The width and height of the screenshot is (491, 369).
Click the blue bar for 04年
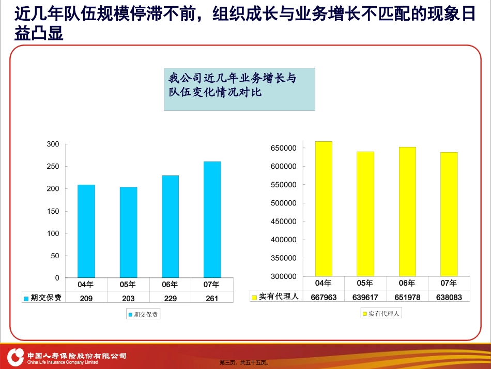pyautogui.click(x=86, y=231)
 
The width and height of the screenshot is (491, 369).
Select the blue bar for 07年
pyautogui.click(x=212, y=219)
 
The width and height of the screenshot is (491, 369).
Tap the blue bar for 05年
pyautogui.click(x=128, y=232)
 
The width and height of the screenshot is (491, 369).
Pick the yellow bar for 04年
pyautogui.click(x=324, y=209)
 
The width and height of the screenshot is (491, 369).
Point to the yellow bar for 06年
pyautogui.click(x=407, y=212)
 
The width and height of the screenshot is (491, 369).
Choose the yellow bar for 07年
pyautogui.click(x=449, y=214)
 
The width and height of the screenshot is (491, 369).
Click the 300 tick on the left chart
pyautogui.click(x=53, y=144)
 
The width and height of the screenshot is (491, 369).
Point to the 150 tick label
pyautogui.click(x=53, y=211)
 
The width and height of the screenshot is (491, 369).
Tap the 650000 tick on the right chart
pyautogui.click(x=283, y=148)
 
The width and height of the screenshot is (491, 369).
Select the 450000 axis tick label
pyautogui.click(x=283, y=222)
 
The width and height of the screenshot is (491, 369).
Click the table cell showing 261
pyautogui.click(x=212, y=298)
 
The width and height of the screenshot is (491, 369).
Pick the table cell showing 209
pyautogui.click(x=86, y=298)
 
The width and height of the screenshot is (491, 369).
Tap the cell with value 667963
pyautogui.click(x=324, y=297)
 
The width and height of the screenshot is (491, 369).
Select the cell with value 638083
pyautogui.click(x=449, y=297)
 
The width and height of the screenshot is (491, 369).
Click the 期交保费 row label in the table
pyautogui.click(x=43, y=297)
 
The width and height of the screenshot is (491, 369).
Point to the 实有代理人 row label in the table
pyautogui.click(x=276, y=296)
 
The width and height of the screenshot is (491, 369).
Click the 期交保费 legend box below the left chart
pyautogui.click(x=143, y=314)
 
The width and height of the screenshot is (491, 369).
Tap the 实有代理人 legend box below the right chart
pyautogui.click(x=381, y=313)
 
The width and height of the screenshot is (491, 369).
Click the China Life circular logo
pyautogui.click(x=16, y=357)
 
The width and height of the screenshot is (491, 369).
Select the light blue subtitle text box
pyautogui.click(x=239, y=90)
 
